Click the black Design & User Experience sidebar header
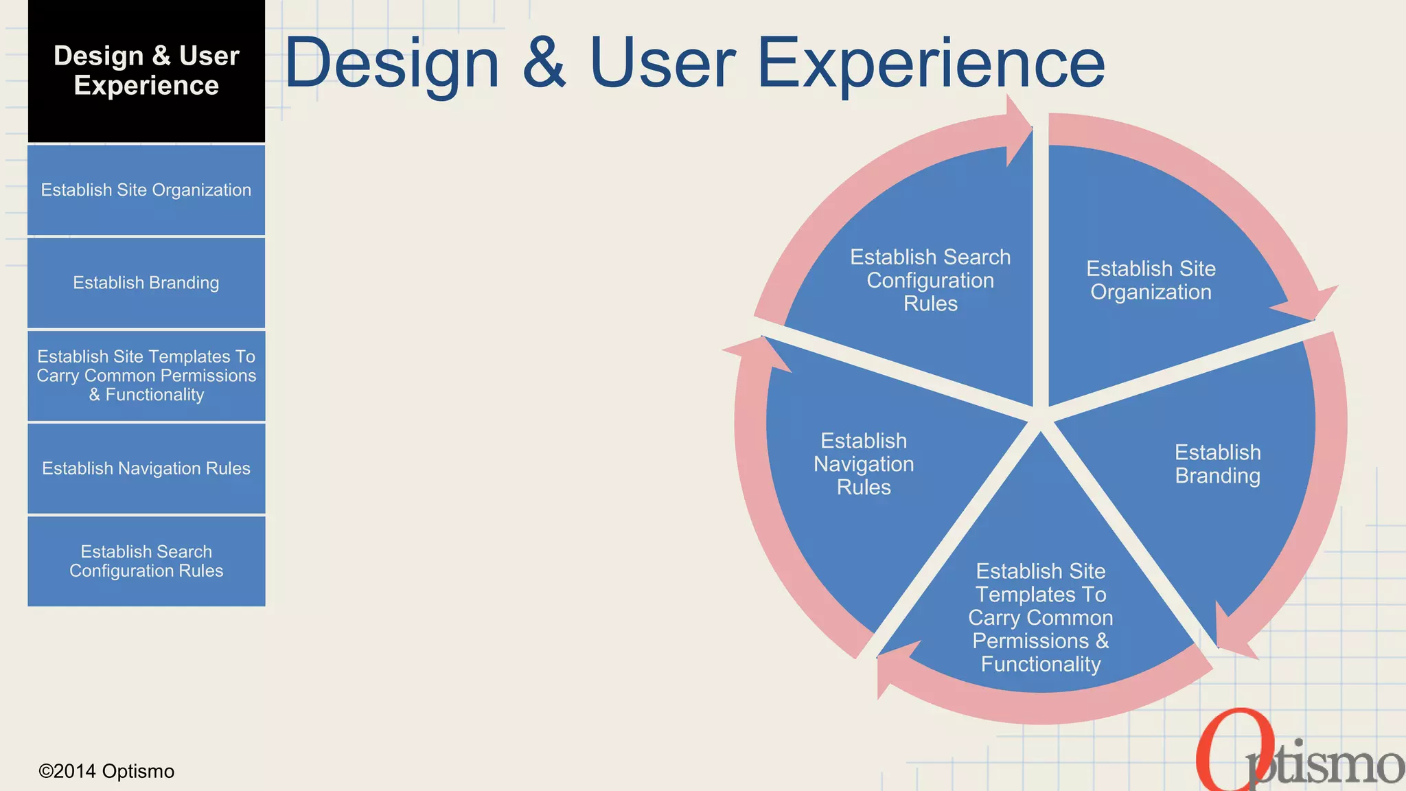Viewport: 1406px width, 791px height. click(x=146, y=71)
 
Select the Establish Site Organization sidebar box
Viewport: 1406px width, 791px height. click(x=146, y=190)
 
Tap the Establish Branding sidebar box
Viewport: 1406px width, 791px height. click(x=146, y=283)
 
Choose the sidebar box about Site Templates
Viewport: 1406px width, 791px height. click(x=146, y=376)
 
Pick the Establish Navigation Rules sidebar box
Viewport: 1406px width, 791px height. click(x=146, y=468)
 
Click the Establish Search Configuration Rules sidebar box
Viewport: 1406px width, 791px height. click(x=146, y=561)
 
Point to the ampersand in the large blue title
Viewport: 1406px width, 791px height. click(x=544, y=64)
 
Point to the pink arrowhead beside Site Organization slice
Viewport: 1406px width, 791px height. click(x=1308, y=302)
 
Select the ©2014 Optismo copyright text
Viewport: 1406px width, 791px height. click(x=106, y=771)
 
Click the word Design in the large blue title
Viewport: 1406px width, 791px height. click(x=392, y=64)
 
